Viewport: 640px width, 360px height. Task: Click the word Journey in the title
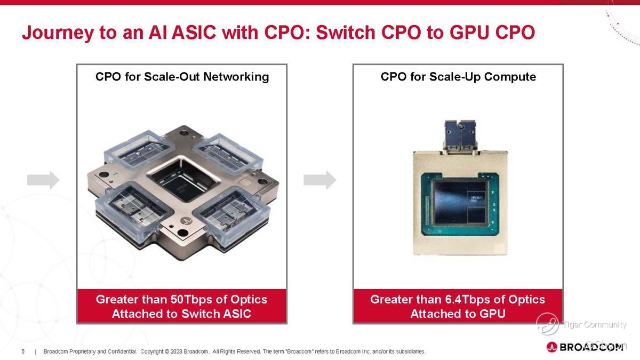(x=58, y=33)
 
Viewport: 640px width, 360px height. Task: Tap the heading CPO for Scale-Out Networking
(x=182, y=77)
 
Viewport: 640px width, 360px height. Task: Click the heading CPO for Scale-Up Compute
(x=458, y=77)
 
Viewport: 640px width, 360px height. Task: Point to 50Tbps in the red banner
(x=191, y=299)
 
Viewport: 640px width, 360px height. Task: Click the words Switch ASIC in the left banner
(x=217, y=314)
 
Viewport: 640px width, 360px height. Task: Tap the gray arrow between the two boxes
(x=319, y=180)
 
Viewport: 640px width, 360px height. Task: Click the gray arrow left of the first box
(x=43, y=180)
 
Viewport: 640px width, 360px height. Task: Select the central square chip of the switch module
(x=183, y=179)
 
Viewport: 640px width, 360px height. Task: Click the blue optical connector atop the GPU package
(x=460, y=136)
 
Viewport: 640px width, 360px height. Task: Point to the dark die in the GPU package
(x=460, y=203)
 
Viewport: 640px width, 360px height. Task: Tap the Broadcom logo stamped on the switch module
(x=188, y=221)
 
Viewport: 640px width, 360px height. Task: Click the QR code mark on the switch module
(x=245, y=182)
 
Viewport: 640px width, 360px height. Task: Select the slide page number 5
(x=23, y=351)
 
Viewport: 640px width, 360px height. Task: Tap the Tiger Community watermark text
(x=594, y=325)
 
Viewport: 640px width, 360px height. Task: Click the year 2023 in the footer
(x=177, y=351)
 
